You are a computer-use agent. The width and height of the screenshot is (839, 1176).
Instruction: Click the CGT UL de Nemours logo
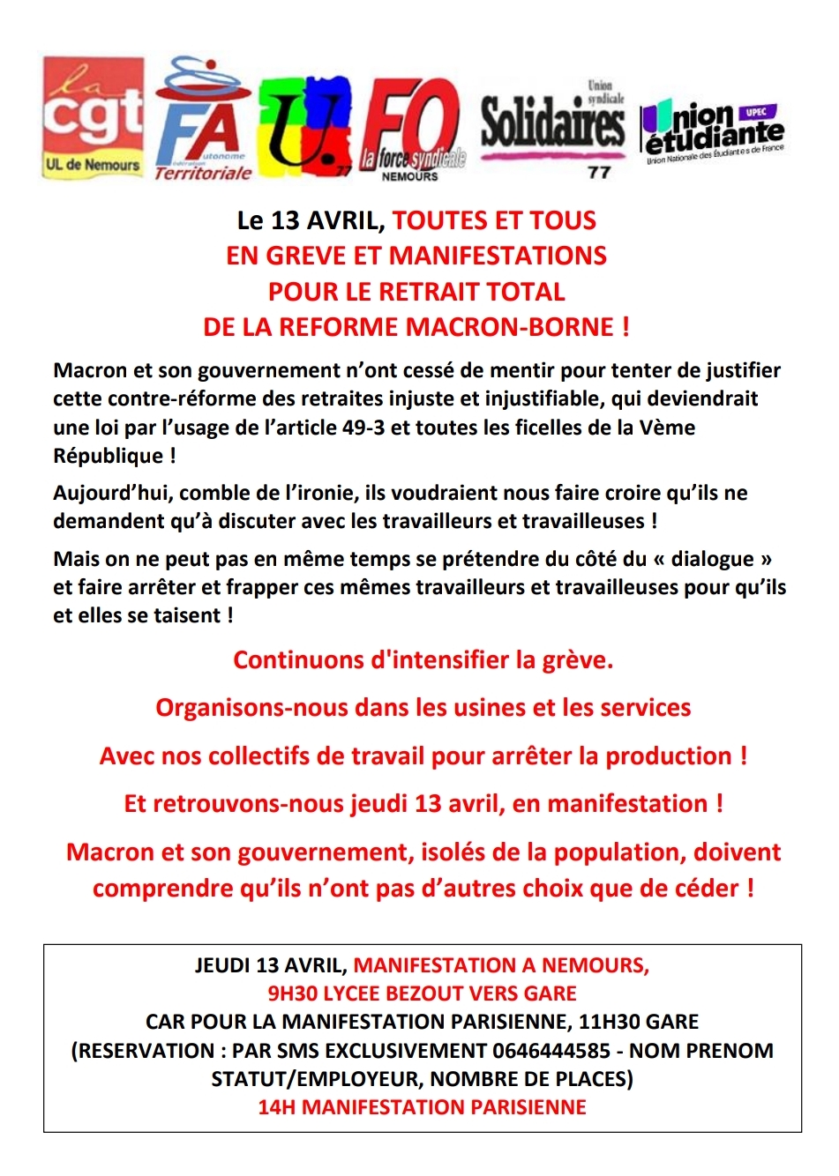click(x=93, y=117)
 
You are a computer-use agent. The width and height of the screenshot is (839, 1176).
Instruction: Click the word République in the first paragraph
click(x=108, y=456)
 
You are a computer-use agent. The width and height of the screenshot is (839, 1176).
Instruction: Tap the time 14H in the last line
click(x=277, y=1107)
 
